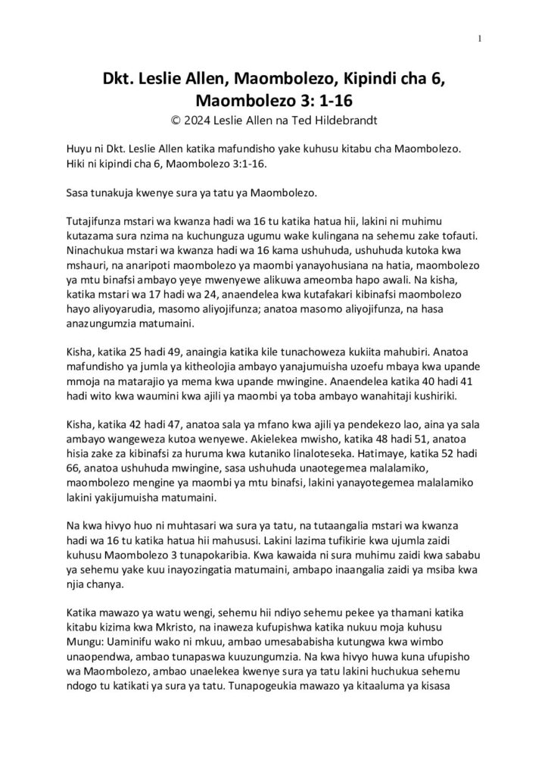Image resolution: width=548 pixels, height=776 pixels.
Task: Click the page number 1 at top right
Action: pyautogui.click(x=480, y=40)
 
